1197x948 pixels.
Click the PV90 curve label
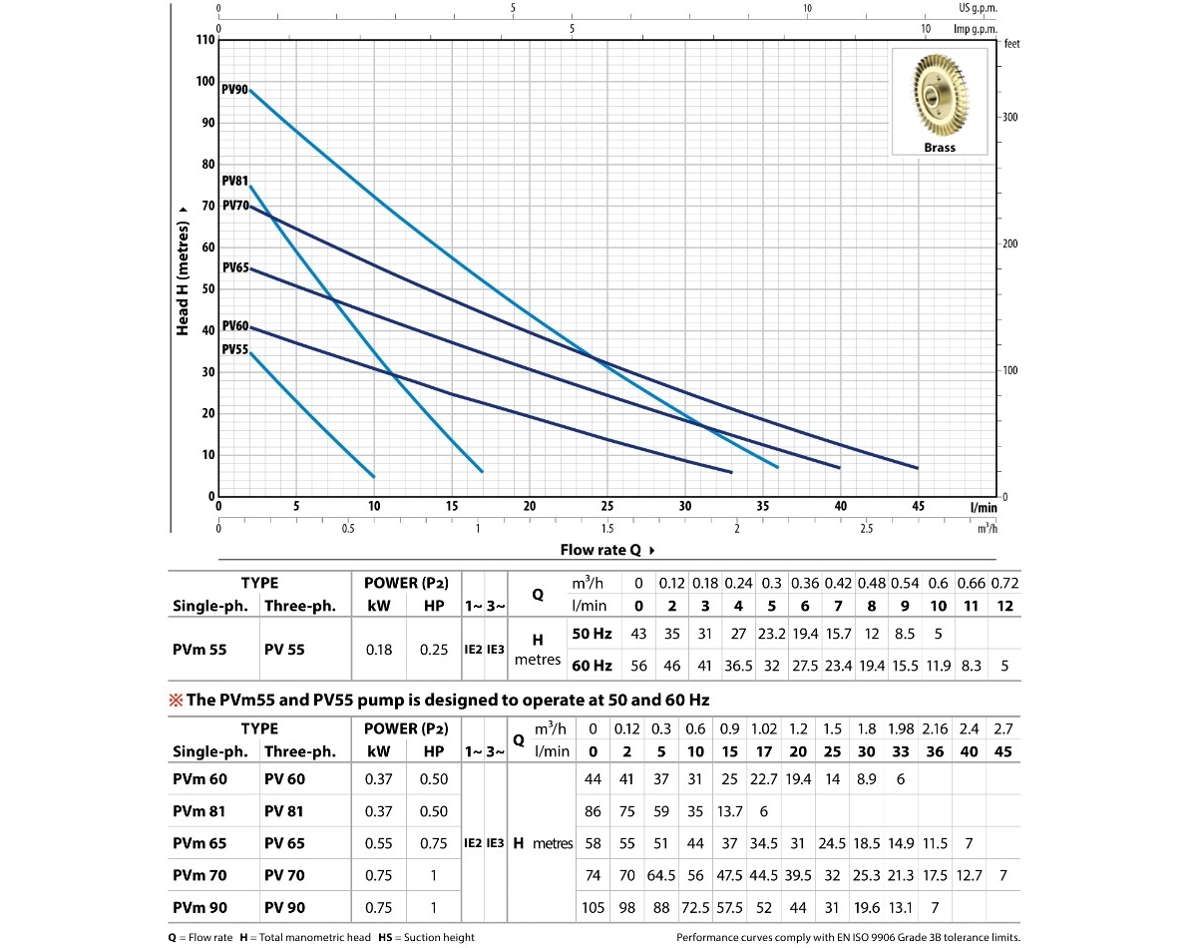235,90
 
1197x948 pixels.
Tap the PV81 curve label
234,182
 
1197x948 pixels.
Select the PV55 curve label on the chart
234,349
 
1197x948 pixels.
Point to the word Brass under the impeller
939,148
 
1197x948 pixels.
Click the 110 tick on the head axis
204,41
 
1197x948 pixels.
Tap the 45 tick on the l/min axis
918,507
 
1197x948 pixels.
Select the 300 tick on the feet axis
1010,118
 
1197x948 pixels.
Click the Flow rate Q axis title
607,550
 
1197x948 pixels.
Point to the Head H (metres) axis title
183,269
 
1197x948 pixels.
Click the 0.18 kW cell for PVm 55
379,650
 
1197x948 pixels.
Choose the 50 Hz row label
593,635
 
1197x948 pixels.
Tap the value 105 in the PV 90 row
593,908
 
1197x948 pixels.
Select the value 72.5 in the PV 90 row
696,908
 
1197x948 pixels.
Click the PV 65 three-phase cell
284,844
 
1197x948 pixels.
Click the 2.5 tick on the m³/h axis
866,528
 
